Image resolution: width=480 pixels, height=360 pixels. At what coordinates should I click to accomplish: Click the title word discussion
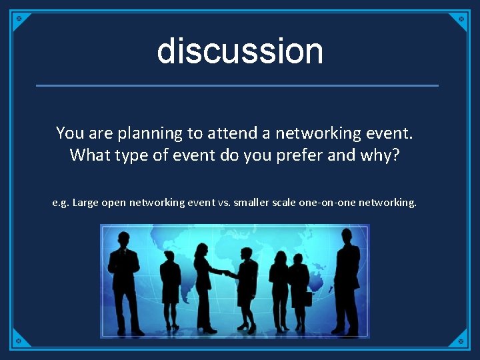240,51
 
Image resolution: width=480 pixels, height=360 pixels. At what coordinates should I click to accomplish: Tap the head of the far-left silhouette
123,239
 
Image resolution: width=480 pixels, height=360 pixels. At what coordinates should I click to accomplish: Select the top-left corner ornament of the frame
20,19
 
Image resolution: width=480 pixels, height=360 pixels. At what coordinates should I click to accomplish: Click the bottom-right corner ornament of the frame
460,340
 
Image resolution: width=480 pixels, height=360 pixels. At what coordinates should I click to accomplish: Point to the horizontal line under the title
237,85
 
